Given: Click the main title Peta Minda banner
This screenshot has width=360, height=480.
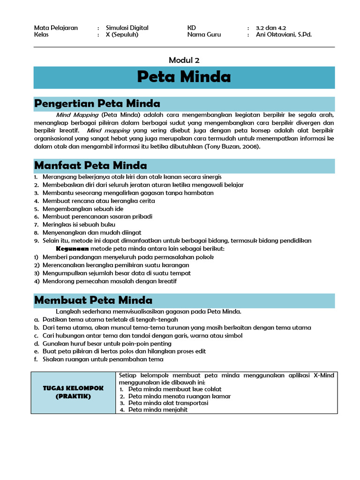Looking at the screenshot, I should point(184,77).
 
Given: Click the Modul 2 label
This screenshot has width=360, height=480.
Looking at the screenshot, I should point(184,60).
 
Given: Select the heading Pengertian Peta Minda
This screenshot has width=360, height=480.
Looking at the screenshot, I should point(97,104).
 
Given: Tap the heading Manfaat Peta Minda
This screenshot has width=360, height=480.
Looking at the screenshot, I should point(91,165).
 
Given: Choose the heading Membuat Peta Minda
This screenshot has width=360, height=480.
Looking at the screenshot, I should point(94,300).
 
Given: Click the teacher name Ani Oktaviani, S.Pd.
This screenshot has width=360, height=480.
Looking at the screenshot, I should point(284,35).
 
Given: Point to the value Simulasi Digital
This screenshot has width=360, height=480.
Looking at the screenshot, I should point(127,28).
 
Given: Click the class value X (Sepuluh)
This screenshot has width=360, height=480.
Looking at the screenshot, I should point(122,35).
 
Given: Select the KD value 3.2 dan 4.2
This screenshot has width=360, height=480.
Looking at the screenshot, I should point(270,28).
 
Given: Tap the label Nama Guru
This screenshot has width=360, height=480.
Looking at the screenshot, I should point(204,35).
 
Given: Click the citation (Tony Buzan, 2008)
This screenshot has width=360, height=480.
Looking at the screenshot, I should point(232,147).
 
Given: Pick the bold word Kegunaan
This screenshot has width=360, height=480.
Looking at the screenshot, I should point(72,249).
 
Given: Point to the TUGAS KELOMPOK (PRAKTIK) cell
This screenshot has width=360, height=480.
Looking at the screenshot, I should point(73,393).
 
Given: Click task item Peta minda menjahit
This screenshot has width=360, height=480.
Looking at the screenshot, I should point(157,410).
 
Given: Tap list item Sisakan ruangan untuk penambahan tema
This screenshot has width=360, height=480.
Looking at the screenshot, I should point(103,360).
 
